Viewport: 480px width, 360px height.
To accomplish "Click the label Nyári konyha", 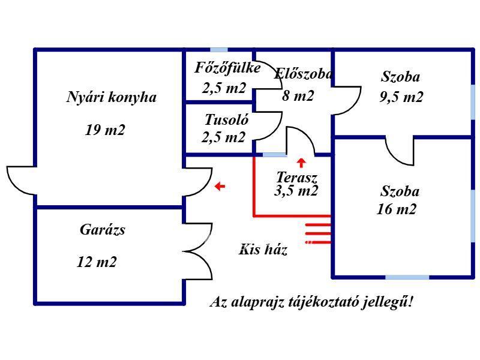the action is coord(112,97).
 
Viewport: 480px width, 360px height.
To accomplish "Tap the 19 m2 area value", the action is coord(105,130).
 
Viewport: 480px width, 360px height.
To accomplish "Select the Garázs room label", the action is coord(102,230).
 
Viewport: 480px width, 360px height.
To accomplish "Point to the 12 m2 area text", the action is coord(97,262).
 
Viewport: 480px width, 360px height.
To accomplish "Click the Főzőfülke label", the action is coord(227,68).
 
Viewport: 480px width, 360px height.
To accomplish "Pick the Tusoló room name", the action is coord(227,119).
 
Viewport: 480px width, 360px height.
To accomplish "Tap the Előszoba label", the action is coord(303,74).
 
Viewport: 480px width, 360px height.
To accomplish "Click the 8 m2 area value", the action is coord(298,96).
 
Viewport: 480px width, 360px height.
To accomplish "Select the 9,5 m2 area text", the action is coord(401,97).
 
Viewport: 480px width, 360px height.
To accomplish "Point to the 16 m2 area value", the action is coord(397,209).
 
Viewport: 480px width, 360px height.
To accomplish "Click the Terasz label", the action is coord(296,177).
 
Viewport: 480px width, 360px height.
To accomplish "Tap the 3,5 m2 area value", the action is coord(296,191).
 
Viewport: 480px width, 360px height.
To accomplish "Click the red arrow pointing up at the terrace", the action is coord(302,163).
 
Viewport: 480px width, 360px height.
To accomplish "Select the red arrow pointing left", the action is coord(220,186).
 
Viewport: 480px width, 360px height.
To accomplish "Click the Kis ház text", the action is coord(263,250).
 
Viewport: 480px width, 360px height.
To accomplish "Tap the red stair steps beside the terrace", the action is coord(318,233).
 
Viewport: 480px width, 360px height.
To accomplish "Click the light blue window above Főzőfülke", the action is coord(219,50).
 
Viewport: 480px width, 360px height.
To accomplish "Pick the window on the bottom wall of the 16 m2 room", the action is coord(407,277).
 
